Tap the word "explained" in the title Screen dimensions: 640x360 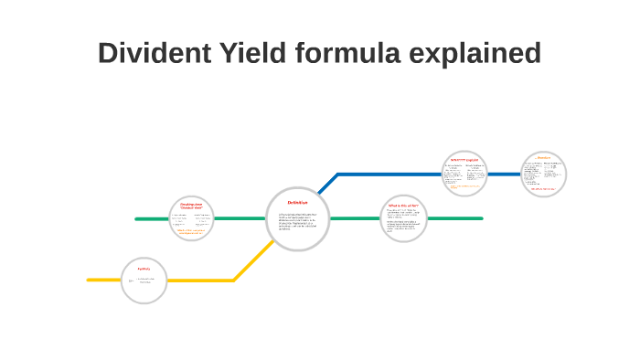pos(473,53)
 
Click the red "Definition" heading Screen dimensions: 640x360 pos(297,202)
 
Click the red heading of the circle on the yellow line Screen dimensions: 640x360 pos(144,269)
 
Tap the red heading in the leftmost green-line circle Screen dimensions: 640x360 pos(191,206)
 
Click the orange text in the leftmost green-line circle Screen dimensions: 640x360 pos(191,231)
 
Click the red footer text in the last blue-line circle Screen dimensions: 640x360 pos(544,188)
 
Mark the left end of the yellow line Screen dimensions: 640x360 pos(90,280)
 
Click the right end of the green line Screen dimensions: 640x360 pos(480,218)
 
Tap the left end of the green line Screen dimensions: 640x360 pos(137,218)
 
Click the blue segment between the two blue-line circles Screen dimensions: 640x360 pos(504,174)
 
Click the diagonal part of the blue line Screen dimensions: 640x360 pos(327,183)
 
